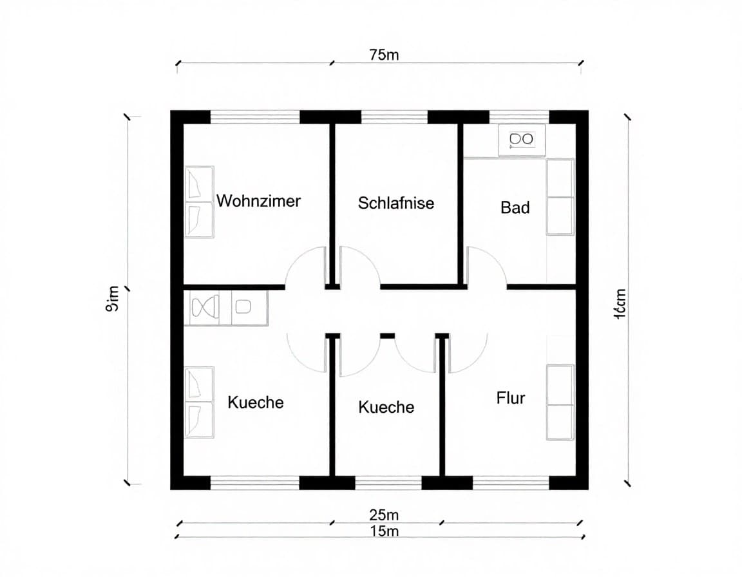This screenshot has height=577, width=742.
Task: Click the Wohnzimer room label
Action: pyautogui.click(x=258, y=201)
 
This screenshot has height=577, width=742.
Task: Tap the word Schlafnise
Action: pyautogui.click(x=396, y=203)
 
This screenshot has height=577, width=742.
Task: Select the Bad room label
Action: pyautogui.click(x=515, y=207)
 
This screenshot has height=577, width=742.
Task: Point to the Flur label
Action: pyautogui.click(x=511, y=398)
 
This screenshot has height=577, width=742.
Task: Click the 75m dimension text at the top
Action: pyautogui.click(x=384, y=55)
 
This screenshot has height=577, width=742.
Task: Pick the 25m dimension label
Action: pyautogui.click(x=384, y=515)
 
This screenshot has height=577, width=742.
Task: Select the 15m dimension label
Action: pyautogui.click(x=384, y=531)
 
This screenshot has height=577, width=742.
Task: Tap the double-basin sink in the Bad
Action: pyautogui.click(x=521, y=139)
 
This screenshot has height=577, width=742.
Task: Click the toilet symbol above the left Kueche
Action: pyautogui.click(x=205, y=308)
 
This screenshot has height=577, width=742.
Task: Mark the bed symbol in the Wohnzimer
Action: pyautogui.click(x=199, y=202)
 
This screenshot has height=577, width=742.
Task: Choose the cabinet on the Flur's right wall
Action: pyautogui.click(x=560, y=402)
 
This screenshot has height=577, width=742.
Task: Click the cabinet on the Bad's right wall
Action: pyautogui.click(x=560, y=197)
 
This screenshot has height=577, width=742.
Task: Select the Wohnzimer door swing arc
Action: pyautogui.click(x=304, y=265)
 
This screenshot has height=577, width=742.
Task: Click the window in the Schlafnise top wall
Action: pyautogui.click(x=394, y=117)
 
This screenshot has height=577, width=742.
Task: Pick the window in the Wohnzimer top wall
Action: pyautogui.click(x=255, y=117)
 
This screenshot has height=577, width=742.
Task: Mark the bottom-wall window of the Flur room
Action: pyautogui.click(x=511, y=483)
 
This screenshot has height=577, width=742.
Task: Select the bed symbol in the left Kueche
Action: pyautogui.click(x=199, y=402)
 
